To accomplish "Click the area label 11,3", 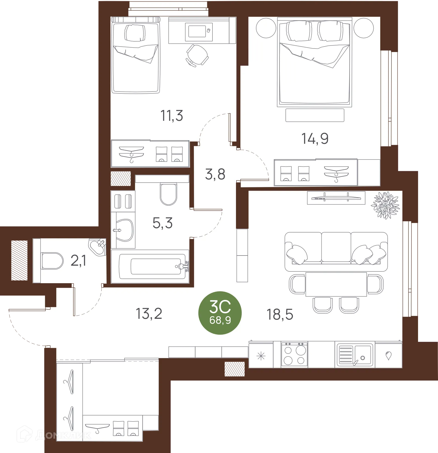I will coord(172,116).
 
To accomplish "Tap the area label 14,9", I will coord(315,139).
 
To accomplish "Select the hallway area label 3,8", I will coord(215,174).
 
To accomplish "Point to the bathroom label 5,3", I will coord(163,223).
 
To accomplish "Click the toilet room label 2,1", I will coord(78,260).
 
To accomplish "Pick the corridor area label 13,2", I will coord(149,314).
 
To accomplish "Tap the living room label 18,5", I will coord(280,314).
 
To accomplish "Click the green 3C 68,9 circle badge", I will coord(220,313).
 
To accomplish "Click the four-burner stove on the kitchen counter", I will coord(294,355).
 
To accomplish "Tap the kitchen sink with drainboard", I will coord(355,355).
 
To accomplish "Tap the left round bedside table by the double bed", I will coord(266,28).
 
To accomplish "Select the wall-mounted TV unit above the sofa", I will coord(336,197).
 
